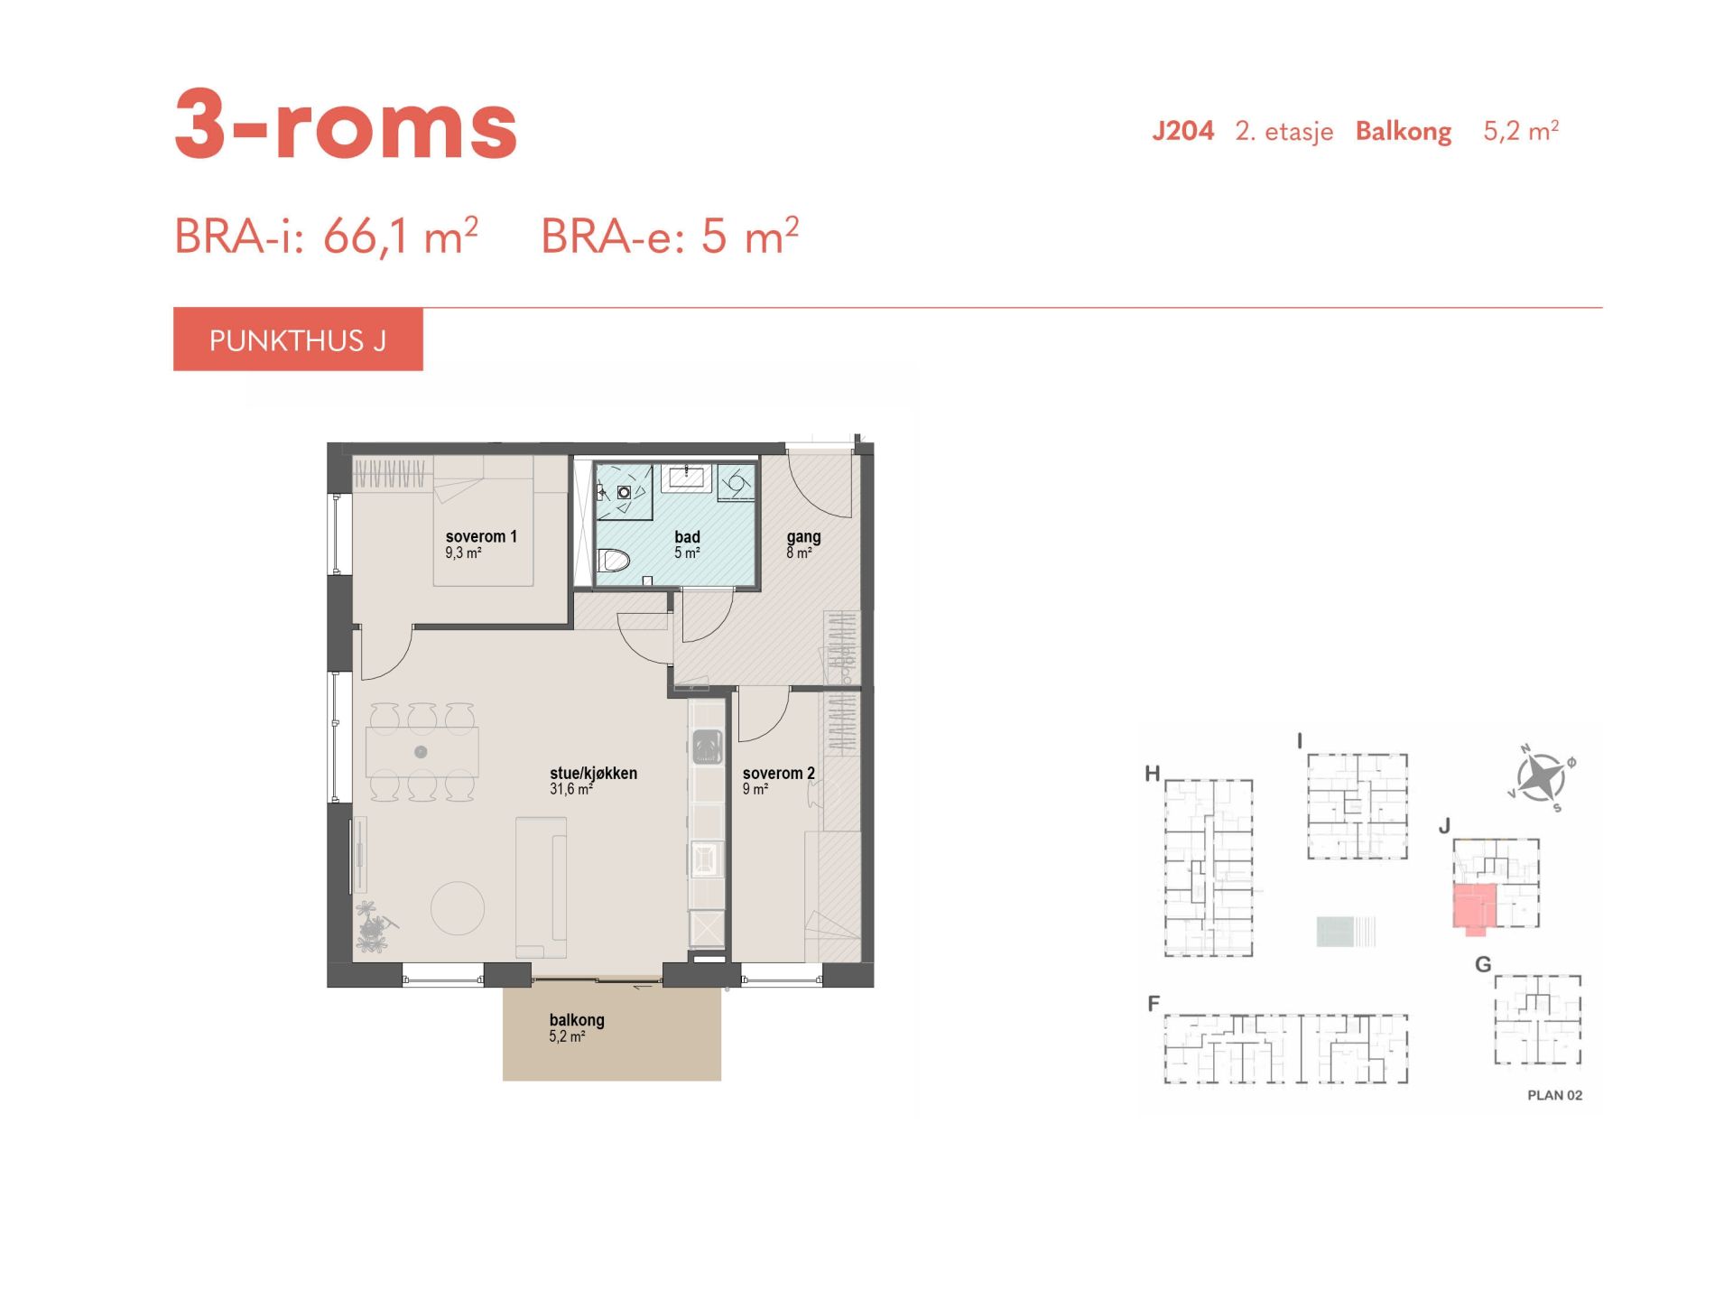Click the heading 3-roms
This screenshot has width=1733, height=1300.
coord(346,125)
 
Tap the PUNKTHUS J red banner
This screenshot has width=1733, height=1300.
coord(298,339)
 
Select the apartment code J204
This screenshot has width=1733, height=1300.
coord(1182,132)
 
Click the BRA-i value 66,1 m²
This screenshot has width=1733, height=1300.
coord(400,237)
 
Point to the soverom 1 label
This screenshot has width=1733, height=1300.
coord(481,536)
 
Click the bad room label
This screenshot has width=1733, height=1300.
coord(687,537)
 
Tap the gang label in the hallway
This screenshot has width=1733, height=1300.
coord(803,537)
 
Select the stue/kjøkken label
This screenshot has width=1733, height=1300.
coord(593,774)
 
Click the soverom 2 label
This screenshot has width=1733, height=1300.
coord(778,774)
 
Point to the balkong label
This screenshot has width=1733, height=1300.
coord(577,1020)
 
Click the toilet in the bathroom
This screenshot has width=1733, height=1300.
coord(614,561)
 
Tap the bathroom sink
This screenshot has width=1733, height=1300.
coord(686,478)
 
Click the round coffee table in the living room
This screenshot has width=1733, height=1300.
coord(458,907)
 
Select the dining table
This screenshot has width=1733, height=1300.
coord(422,752)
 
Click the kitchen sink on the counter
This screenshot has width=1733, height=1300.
coord(708,747)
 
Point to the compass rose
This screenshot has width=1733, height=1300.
coord(1541,777)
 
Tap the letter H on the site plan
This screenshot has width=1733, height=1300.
coord(1152,774)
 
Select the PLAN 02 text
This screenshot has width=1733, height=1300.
coord(1554,1095)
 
